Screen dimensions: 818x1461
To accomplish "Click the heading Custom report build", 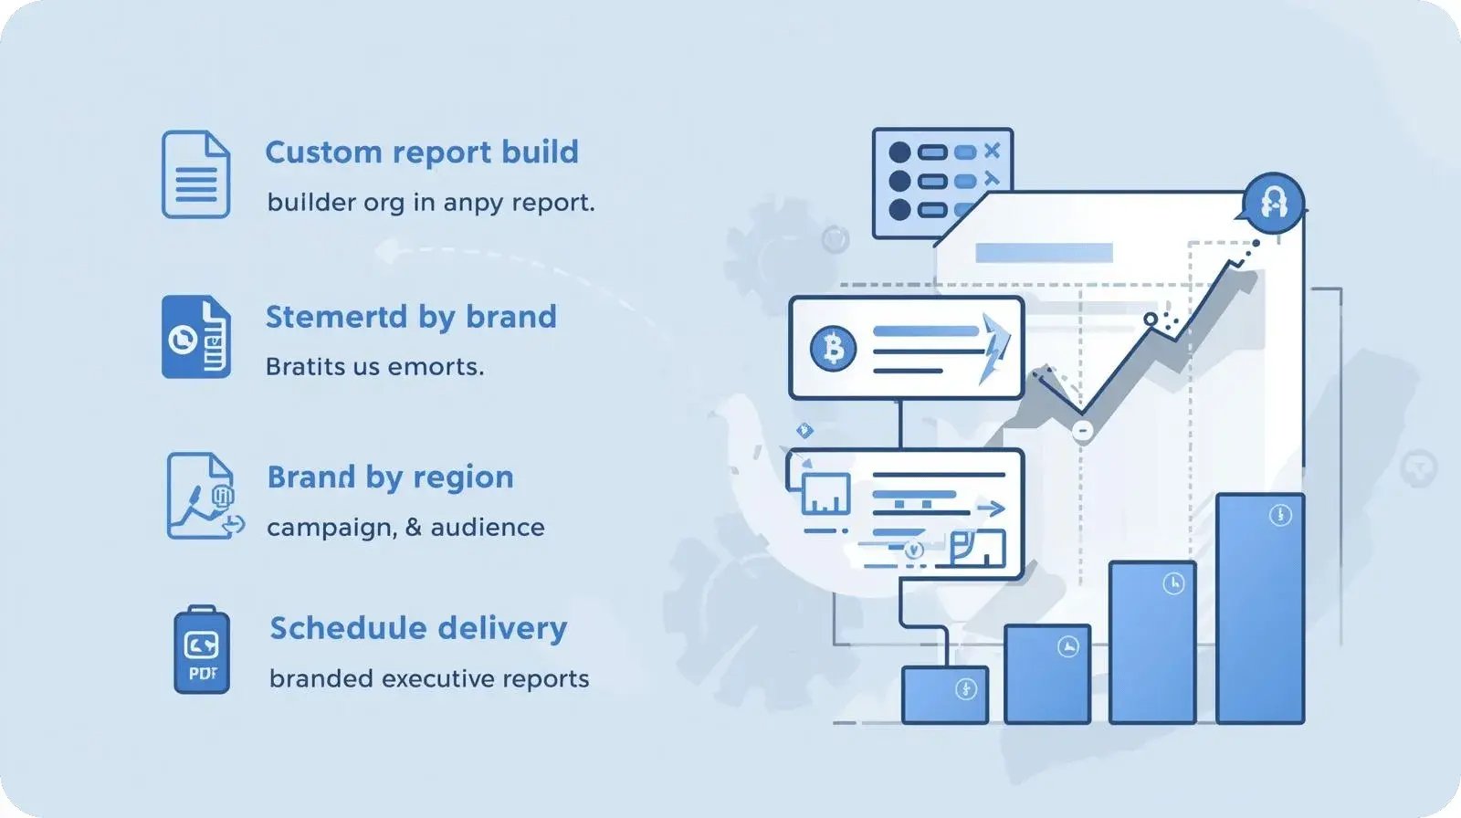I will [421, 152].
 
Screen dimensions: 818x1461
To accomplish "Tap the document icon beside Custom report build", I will [195, 174].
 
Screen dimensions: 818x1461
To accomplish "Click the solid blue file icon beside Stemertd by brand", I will [195, 337].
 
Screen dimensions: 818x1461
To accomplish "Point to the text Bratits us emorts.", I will [374, 367].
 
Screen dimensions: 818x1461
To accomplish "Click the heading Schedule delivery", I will [418, 628].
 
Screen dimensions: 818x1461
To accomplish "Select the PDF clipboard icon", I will [202, 650].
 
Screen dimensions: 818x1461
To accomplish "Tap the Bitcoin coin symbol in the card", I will [833, 348].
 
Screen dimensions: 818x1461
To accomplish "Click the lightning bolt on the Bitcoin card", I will [994, 348].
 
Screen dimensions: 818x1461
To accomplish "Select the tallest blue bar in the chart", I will [1259, 608].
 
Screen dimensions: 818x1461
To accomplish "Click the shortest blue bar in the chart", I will [944, 695].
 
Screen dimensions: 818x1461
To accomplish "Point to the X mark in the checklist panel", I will [992, 151].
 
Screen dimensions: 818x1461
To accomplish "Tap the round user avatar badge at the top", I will [1273, 202].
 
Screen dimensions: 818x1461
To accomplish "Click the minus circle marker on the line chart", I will [1082, 430].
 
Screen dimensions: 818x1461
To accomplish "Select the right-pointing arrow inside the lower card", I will [991, 509].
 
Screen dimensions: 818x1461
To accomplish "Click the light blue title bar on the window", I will [1044, 253].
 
